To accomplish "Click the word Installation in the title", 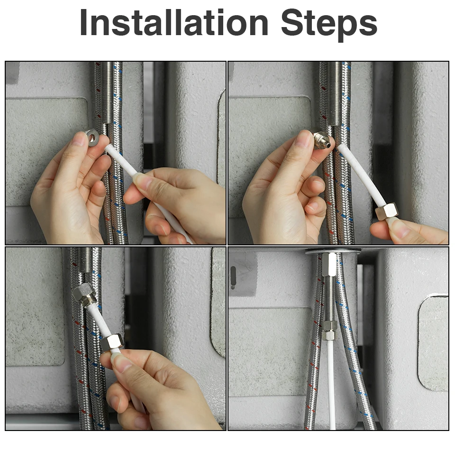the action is (174, 22).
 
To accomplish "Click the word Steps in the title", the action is (329, 24).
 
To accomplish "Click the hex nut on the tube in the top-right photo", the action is (387, 211).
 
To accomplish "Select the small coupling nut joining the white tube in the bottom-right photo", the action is (329, 330).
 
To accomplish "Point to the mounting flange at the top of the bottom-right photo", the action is (333, 251).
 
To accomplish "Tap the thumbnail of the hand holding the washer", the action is (78, 139).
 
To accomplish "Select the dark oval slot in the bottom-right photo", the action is (233, 277).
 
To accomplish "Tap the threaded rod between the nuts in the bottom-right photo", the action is (329, 299).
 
